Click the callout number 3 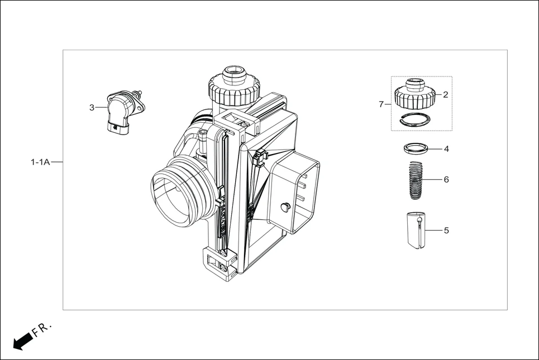(x=92, y=108)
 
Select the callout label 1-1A (x=40, y=162)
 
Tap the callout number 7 (x=381, y=104)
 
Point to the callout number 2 (x=446, y=95)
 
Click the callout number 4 (x=446, y=149)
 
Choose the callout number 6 (x=446, y=180)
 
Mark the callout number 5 (x=446, y=230)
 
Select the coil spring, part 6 (x=414, y=180)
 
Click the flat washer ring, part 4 (x=415, y=148)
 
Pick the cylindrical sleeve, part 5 (x=416, y=231)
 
